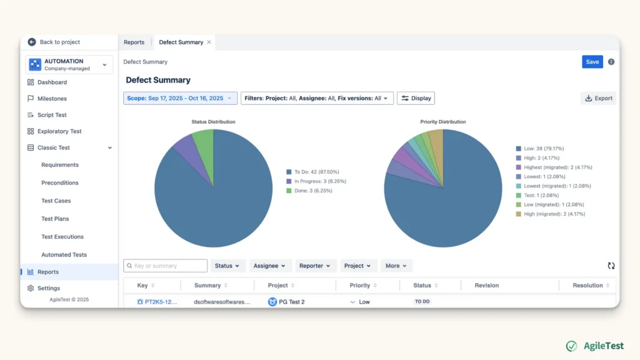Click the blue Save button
coord(592,62)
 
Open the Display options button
coord(416,98)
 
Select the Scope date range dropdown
coord(180,98)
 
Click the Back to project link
coord(54,42)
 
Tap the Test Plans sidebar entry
coord(55,219)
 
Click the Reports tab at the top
coord(134,42)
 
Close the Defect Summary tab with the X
coord(209,42)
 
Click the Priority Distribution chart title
coord(443,122)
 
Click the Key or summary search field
coord(165,266)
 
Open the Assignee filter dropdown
coord(269,266)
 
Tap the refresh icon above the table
coord(611,266)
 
